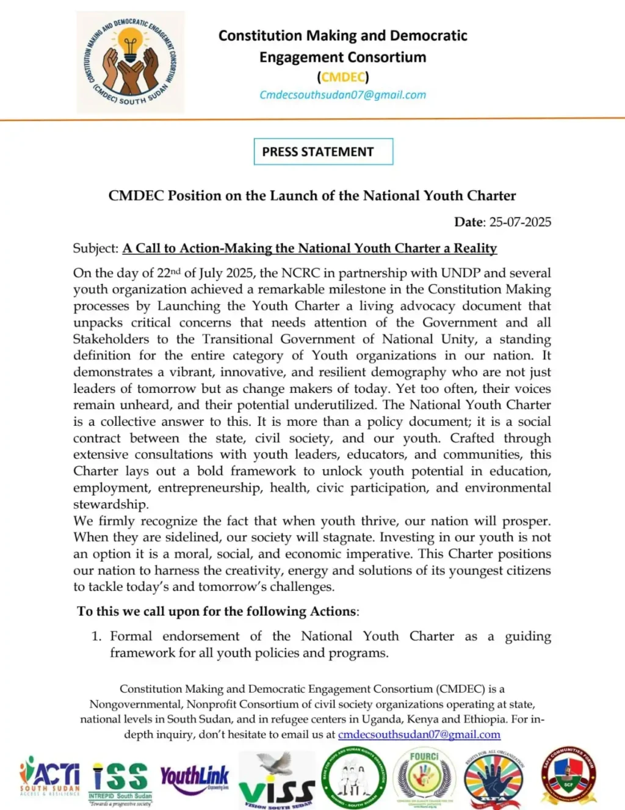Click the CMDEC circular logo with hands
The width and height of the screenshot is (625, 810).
tap(130, 62)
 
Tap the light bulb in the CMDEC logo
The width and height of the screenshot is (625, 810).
tap(130, 44)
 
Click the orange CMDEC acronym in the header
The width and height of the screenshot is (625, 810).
tap(343, 77)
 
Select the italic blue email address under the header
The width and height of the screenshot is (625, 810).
tap(342, 95)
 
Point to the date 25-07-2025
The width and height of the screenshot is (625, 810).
tap(520, 222)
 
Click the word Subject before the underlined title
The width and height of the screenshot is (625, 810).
tap(95, 249)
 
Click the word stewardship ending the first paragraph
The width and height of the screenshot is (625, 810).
tap(110, 505)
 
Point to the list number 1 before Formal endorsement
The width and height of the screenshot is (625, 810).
tap(96, 637)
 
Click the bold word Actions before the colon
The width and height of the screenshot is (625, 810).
tap(333, 611)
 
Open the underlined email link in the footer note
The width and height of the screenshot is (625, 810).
tap(419, 734)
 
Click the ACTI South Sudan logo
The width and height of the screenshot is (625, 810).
tap(50, 776)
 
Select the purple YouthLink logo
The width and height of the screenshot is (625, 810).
tap(194, 779)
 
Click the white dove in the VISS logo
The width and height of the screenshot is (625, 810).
tap(275, 764)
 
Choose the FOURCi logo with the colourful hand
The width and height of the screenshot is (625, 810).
tap(424, 778)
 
